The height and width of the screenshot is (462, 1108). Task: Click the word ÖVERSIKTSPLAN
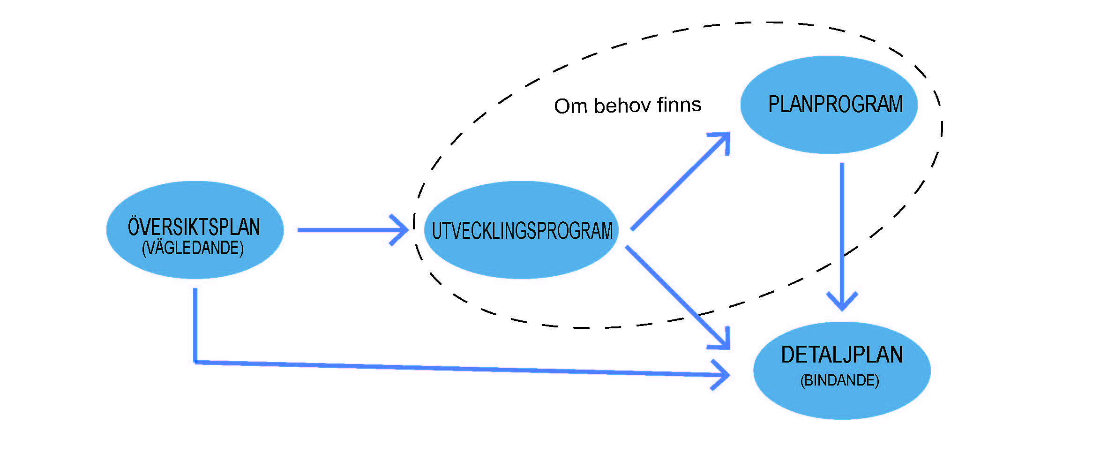(194, 227)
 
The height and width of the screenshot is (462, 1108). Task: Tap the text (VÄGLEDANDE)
(193, 248)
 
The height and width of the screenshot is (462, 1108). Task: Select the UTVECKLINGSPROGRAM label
(522, 231)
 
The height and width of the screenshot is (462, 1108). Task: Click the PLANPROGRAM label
(835, 104)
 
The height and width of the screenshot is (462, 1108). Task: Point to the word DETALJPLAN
(842, 355)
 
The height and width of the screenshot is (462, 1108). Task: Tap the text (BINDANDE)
(839, 380)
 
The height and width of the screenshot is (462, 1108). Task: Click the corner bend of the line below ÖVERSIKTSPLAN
(195, 362)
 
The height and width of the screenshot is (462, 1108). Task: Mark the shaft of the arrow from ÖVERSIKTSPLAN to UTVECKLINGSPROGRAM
(347, 230)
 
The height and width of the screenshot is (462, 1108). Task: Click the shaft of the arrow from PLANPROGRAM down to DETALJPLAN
(842, 225)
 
